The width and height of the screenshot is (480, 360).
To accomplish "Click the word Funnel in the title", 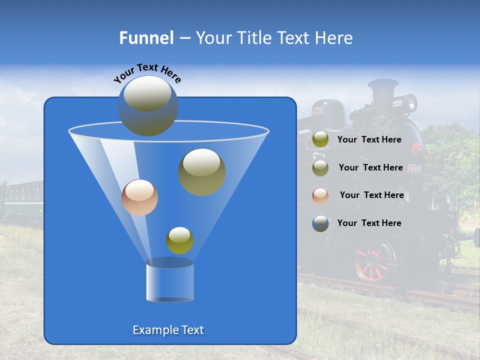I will pyautogui.click(x=146, y=38).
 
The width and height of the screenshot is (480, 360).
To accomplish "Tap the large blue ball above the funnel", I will pyautogui.click(x=148, y=106).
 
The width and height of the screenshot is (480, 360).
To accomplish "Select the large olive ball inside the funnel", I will pyautogui.click(x=202, y=172).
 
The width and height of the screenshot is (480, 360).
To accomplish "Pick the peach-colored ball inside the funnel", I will pyautogui.click(x=139, y=197).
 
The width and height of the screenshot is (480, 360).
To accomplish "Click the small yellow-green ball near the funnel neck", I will pyautogui.click(x=179, y=240).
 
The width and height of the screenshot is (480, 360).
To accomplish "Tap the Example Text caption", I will pyautogui.click(x=168, y=330).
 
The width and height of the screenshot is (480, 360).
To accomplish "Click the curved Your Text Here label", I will pyautogui.click(x=147, y=73).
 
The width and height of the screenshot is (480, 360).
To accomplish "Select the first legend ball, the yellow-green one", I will pyautogui.click(x=320, y=140).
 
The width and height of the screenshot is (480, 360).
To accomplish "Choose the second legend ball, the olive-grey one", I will pyautogui.click(x=320, y=168).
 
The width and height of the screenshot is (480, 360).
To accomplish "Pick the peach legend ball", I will pyautogui.click(x=320, y=196).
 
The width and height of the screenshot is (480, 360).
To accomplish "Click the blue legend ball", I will pyautogui.click(x=320, y=223).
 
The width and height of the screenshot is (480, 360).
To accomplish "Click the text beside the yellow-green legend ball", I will pyautogui.click(x=369, y=140).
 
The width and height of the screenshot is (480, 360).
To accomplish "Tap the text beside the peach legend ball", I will pyautogui.click(x=371, y=195).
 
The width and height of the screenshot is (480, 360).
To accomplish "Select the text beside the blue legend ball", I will pyautogui.click(x=369, y=223).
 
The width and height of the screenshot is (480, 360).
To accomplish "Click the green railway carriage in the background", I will pyautogui.click(x=22, y=200).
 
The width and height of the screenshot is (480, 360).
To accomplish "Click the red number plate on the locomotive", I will pyautogui.click(x=415, y=169).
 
